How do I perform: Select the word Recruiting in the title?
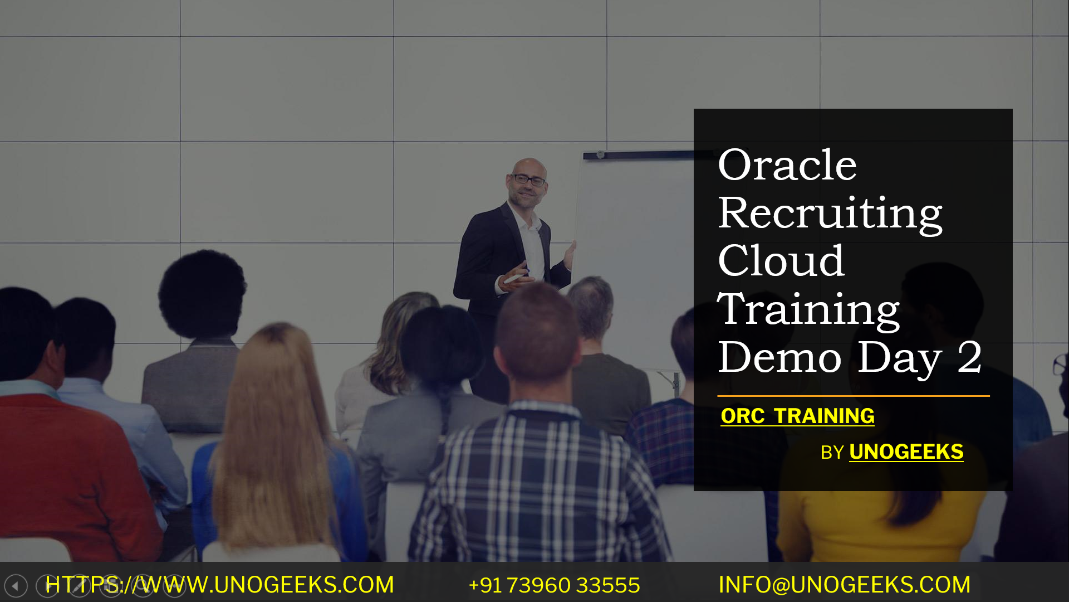[x=830, y=214]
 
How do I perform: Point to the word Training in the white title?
[x=808, y=309]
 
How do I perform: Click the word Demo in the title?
[x=779, y=357]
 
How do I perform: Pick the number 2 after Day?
[x=969, y=357]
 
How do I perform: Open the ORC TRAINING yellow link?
[x=797, y=416]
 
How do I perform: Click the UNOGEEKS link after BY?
[x=906, y=452]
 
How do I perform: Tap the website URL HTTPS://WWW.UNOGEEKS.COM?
[x=219, y=585]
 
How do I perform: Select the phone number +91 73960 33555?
[x=554, y=585]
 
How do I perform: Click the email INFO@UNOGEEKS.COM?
[x=844, y=585]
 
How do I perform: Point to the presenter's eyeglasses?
[x=528, y=180]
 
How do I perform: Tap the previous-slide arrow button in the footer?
[x=16, y=586]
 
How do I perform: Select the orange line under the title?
[x=853, y=396]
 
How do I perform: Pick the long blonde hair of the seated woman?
[x=273, y=424]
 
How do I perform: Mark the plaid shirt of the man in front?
[x=534, y=491]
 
